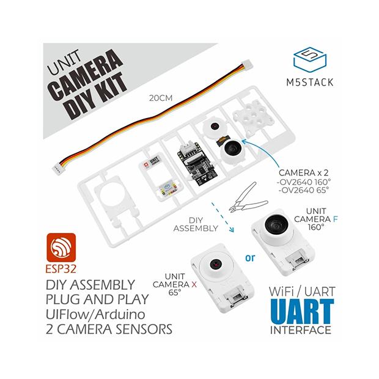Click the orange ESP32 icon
pyautogui.click(x=60, y=249)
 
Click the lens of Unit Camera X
pyautogui.click(x=215, y=265)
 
